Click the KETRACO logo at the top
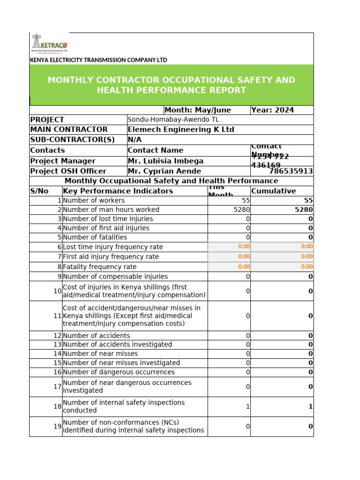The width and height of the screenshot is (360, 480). [x=49, y=44]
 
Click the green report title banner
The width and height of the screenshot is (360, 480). [x=171, y=85]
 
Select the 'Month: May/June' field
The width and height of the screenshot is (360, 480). [x=198, y=110]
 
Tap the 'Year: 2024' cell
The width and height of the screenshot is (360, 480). [x=273, y=110]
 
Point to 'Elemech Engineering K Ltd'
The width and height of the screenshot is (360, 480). [x=180, y=129]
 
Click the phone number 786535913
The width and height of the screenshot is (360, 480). [x=291, y=171]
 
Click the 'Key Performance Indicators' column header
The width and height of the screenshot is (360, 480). [x=118, y=191]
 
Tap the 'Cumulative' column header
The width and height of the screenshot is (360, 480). [x=274, y=191]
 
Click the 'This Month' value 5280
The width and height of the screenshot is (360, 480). [x=241, y=210]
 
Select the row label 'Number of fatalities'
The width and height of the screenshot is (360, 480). [x=95, y=237]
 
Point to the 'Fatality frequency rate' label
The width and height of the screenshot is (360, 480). [x=100, y=267]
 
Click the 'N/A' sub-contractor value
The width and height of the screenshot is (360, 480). [x=135, y=140]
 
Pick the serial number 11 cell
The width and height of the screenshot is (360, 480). [x=57, y=316]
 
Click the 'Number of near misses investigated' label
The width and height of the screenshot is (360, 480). [x=121, y=363]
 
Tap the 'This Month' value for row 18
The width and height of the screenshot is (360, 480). [x=247, y=407]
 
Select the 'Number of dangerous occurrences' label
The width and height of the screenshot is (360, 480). [x=119, y=372]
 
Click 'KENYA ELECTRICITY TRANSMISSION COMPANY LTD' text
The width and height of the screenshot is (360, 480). [x=98, y=60]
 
